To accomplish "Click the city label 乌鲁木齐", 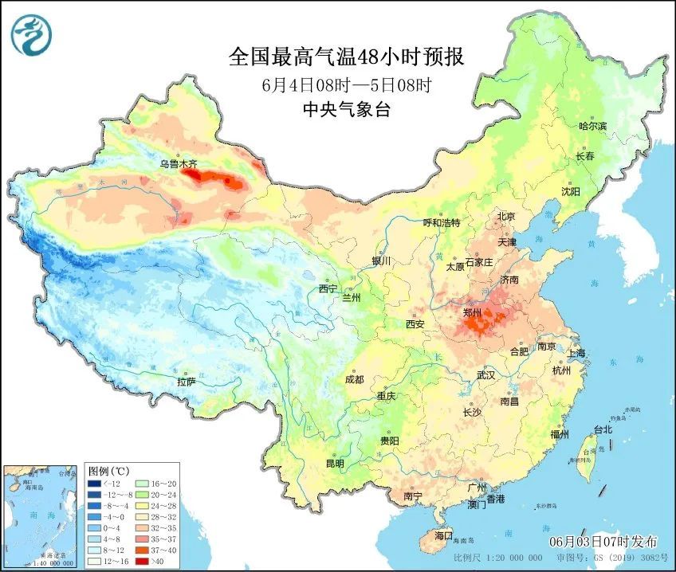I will (177, 163).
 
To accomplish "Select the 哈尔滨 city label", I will (592, 126).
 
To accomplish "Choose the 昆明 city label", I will (335, 464).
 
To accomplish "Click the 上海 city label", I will (575, 353).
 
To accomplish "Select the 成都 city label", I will (355, 379).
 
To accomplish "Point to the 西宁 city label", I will (328, 288).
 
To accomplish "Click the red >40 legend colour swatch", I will (137, 561).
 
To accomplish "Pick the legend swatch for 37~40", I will (137, 550).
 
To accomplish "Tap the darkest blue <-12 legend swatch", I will (94, 484).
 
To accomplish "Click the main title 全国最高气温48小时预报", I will (346, 57).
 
